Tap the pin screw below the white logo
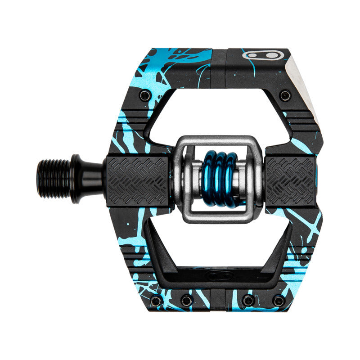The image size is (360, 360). [x=284, y=95]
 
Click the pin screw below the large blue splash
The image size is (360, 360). [x=145, y=95]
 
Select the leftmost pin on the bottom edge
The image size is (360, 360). [x=155, y=301]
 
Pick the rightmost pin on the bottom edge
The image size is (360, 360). [x=279, y=301]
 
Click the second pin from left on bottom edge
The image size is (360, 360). [x=186, y=301]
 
